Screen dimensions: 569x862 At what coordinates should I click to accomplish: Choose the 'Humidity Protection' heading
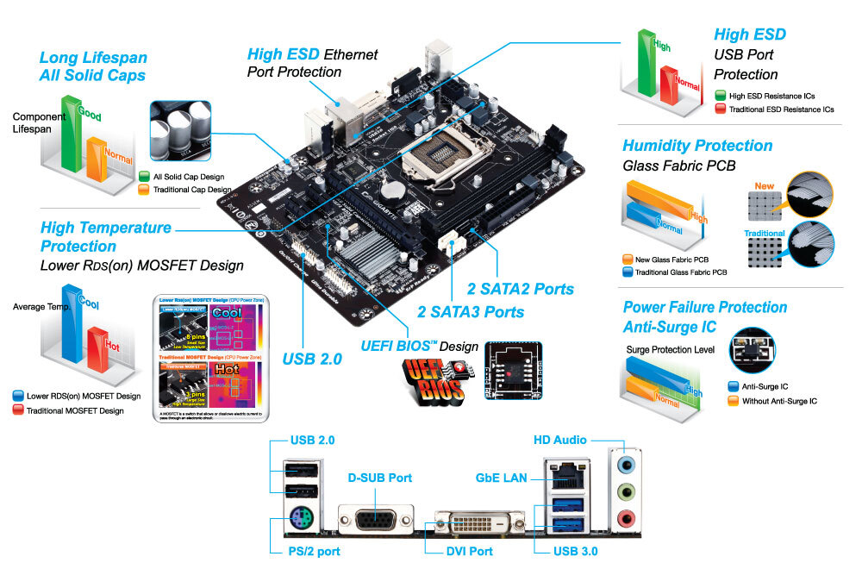pyautogui.click(x=697, y=146)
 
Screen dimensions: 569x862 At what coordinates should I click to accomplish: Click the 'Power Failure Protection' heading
pyautogui.click(x=704, y=307)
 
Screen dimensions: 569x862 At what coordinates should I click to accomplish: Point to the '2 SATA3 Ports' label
pyautogui.click(x=471, y=312)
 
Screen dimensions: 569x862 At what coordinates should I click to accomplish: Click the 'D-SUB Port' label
pyautogui.click(x=379, y=478)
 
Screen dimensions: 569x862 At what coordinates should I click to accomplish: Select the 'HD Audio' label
pyautogui.click(x=559, y=440)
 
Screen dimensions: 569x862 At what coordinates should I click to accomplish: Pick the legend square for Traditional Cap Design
pyautogui.click(x=144, y=190)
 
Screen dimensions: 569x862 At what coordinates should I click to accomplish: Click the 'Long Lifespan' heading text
pyautogui.click(x=93, y=58)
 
